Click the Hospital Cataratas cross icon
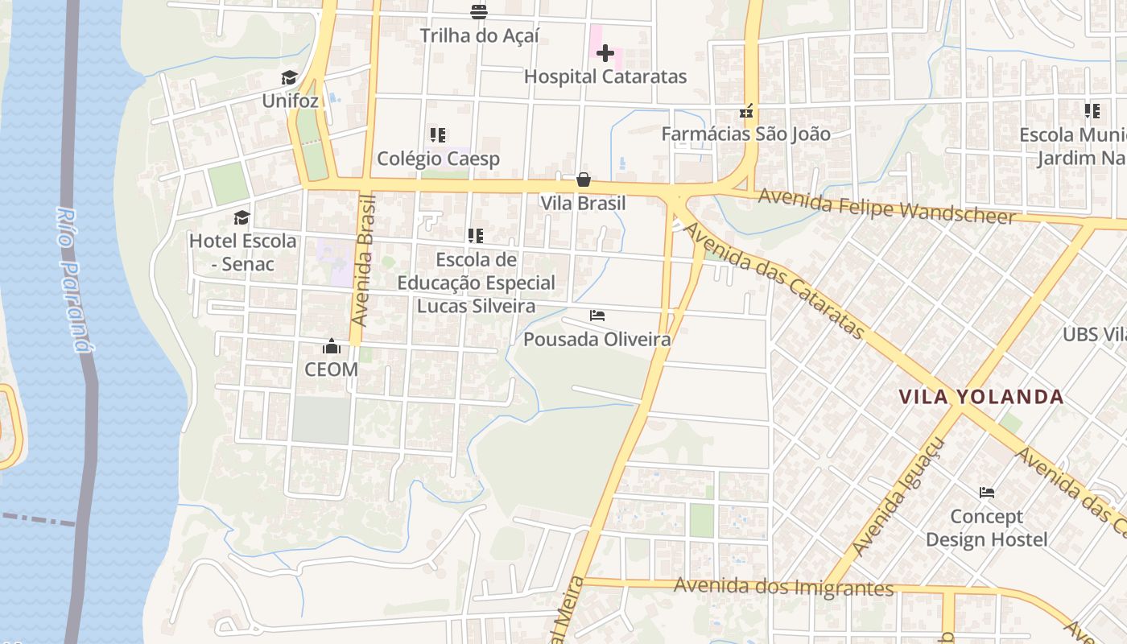(x=605, y=53)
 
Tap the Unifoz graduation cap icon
(x=290, y=77)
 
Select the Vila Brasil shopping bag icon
(x=584, y=179)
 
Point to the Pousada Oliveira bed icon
(x=597, y=315)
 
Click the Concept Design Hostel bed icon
(x=987, y=492)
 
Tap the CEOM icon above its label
(x=332, y=346)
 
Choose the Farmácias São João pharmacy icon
(x=746, y=111)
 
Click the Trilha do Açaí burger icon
(x=479, y=11)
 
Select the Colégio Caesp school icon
(x=438, y=134)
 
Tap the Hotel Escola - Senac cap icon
(x=242, y=217)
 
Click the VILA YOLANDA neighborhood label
(x=981, y=397)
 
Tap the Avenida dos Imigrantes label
(x=783, y=587)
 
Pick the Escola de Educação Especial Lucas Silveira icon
(x=476, y=236)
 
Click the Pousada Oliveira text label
(x=597, y=340)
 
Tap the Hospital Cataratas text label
(x=605, y=77)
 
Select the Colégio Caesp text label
(x=439, y=159)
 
